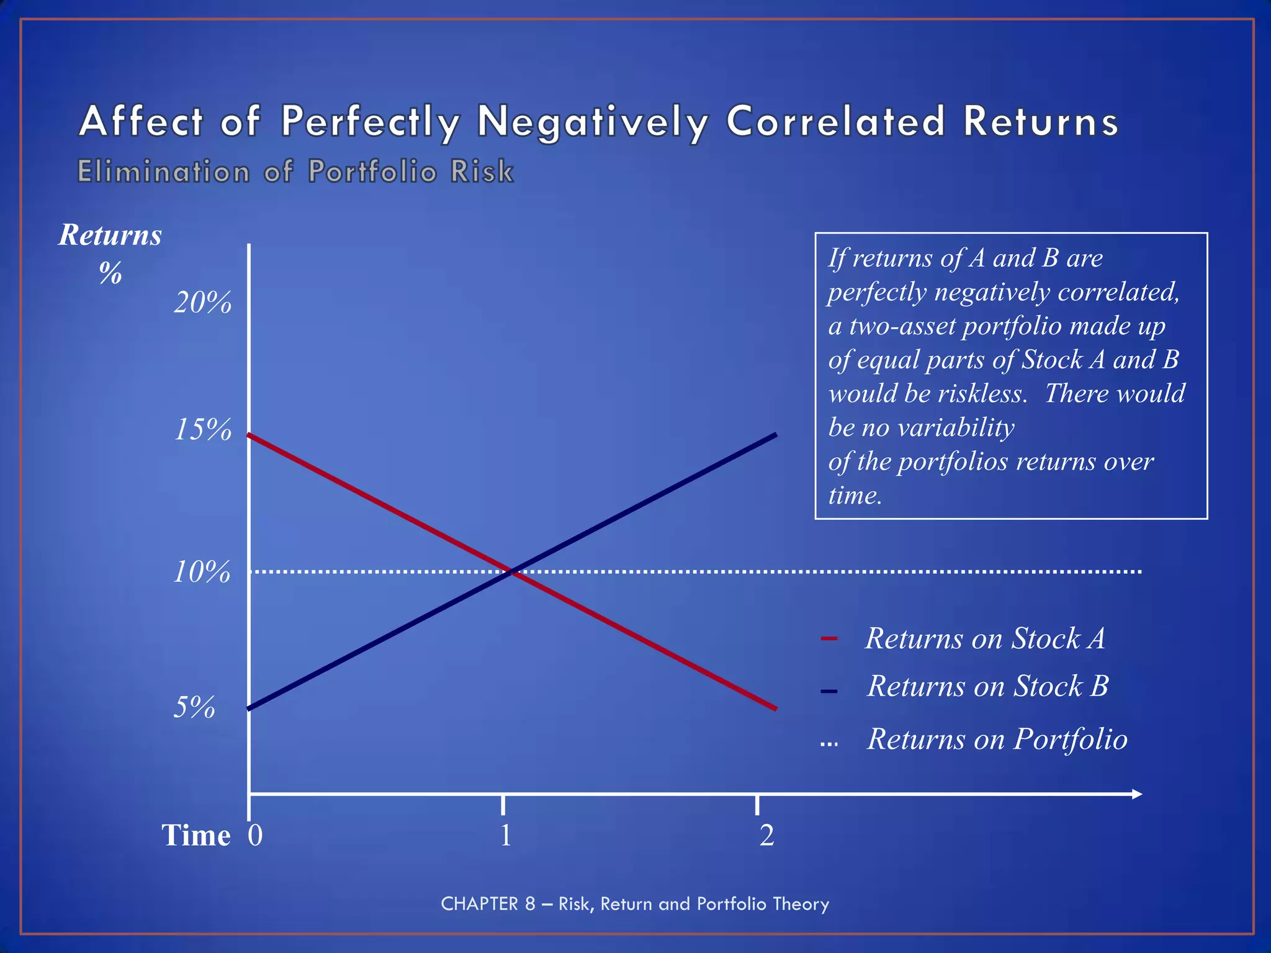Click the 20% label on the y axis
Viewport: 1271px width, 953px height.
tap(202, 303)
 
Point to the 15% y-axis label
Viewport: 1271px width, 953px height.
tap(202, 429)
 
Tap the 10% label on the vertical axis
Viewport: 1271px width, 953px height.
tap(201, 571)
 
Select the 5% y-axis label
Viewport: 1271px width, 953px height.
tap(194, 707)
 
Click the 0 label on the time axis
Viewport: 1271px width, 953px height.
tap(255, 835)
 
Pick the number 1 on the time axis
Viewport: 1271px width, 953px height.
tap(506, 835)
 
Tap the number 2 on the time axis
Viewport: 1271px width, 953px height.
tap(766, 835)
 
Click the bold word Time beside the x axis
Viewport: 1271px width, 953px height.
tap(196, 835)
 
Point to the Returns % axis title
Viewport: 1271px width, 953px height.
tap(110, 252)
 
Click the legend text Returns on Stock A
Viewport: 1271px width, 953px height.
tap(985, 638)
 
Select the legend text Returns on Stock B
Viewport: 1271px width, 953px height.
tap(987, 686)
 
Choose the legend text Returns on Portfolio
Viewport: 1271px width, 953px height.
tap(997, 739)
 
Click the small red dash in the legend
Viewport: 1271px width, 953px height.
tap(829, 639)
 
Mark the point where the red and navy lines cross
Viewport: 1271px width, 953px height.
tap(511, 571)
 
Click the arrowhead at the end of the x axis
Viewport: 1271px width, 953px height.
tap(1136, 794)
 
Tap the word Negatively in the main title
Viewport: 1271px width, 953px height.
tap(593, 121)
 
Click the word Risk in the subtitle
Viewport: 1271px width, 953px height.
tap(482, 172)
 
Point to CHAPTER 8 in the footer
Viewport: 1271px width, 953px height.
tap(488, 904)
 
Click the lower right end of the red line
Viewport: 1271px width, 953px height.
tap(775, 708)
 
